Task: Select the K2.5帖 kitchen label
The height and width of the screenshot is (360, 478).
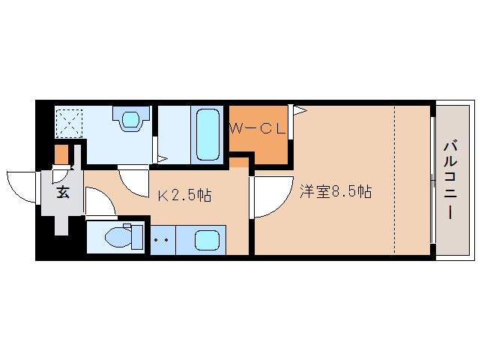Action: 184,196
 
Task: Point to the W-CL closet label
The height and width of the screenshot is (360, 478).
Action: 257,129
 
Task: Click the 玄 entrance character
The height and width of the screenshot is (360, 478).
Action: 63,193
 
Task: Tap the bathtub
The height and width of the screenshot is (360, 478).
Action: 206,134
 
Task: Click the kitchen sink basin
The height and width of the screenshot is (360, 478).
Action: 207,241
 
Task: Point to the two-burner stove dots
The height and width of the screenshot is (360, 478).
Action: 161,241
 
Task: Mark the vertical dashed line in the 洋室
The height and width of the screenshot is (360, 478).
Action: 395,180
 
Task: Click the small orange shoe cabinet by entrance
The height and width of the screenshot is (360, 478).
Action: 61,154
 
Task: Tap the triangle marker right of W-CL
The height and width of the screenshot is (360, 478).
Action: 299,111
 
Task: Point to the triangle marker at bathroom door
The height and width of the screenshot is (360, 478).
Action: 162,158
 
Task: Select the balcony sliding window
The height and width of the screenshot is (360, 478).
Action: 432,180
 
